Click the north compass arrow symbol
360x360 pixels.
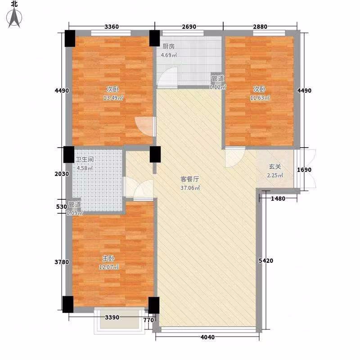coord(14,18)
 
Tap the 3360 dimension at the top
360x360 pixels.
coord(112,27)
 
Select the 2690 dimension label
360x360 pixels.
coord(189,27)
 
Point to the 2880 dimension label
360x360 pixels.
coord(260,27)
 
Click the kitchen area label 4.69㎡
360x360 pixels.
coord(169,55)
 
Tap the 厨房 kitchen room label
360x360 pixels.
coord(168,46)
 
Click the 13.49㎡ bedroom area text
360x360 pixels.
coord(113,98)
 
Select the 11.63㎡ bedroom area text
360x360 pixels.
coord(260,98)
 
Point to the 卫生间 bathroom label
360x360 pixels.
coord(84,159)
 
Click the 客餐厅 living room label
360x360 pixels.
coord(189,179)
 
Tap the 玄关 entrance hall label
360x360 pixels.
coord(275,166)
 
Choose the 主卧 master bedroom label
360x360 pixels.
coord(108,258)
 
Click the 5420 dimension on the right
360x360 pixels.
coord(266,261)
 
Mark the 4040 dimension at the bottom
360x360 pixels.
coord(207,337)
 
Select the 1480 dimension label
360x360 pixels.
coord(278,198)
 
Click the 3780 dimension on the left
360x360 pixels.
coord(62,262)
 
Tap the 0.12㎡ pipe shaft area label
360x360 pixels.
coord(218,87)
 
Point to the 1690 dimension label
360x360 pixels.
coord(304,170)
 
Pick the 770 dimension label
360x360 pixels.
coord(148,320)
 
